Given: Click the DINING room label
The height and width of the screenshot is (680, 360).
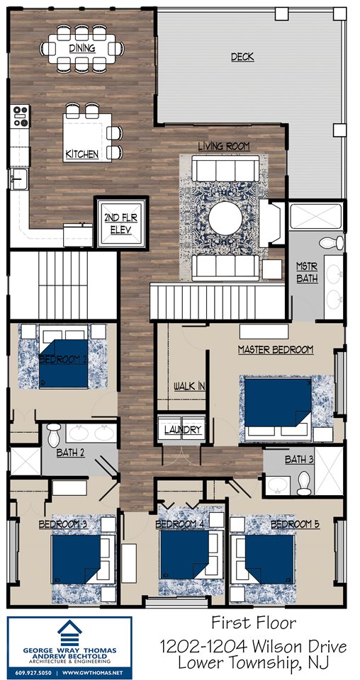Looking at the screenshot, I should click(x=82, y=47).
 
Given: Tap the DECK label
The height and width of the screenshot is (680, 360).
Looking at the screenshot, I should click(x=242, y=57).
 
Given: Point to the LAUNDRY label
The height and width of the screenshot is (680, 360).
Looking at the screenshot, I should click(x=183, y=430).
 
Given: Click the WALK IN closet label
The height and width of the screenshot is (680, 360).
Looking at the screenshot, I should click(x=189, y=386).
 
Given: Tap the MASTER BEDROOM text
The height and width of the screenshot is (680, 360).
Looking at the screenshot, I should click(x=275, y=349).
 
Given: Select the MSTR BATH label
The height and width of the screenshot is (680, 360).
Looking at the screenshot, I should click(x=307, y=272).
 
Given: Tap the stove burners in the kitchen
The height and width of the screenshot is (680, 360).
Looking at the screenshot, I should click(x=20, y=115).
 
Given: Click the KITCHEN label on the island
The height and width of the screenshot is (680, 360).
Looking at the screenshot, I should click(x=82, y=154).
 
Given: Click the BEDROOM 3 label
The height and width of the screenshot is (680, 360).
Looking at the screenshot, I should click(x=63, y=524).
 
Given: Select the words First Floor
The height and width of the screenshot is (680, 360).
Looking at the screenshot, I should click(x=252, y=623).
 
